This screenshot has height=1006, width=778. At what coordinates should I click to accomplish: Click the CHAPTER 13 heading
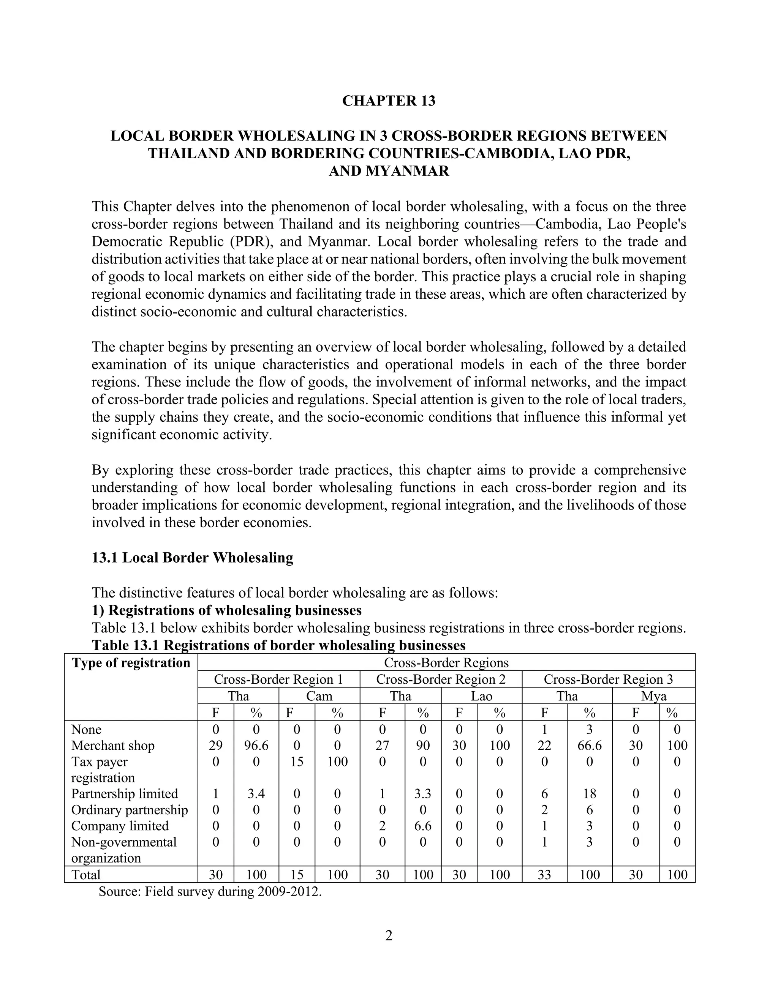[x=389, y=101]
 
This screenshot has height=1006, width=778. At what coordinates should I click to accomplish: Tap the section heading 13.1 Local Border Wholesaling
[x=192, y=558]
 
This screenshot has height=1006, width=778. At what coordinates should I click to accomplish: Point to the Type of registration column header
[x=131, y=663]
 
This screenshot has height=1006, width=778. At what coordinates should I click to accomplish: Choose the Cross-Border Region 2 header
[x=441, y=680]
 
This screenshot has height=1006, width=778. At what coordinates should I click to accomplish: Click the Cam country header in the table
[x=319, y=696]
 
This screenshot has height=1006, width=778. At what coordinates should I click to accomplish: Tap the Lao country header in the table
[x=481, y=696]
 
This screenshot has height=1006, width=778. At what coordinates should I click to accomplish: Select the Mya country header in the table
[x=653, y=696]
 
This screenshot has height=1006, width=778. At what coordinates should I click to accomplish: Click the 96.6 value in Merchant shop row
[x=256, y=746]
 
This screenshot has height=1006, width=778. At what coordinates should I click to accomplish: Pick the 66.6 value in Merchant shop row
[x=590, y=746]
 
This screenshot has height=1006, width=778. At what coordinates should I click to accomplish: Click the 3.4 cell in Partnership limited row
[x=256, y=794]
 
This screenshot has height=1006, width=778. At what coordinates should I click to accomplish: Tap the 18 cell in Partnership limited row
[x=590, y=794]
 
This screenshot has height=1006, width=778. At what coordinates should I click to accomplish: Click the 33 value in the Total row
[x=544, y=874]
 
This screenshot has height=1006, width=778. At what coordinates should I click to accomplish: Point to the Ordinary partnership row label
[x=130, y=810]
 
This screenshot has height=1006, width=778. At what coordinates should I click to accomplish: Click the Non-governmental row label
[x=124, y=842]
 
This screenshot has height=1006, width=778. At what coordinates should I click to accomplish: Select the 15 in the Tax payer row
[x=297, y=762]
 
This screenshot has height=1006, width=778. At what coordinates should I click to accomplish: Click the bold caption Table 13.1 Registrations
[x=279, y=645]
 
